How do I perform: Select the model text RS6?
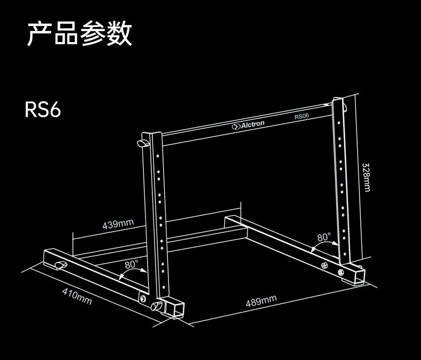pyautogui.click(x=43, y=110)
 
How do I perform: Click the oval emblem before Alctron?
pyautogui.click(x=237, y=127)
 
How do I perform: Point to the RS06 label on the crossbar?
pyautogui.click(x=302, y=116)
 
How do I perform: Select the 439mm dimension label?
pyautogui.click(x=118, y=223)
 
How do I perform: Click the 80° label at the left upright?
pyautogui.click(x=132, y=264)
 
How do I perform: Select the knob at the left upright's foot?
pyautogui.click(x=157, y=307)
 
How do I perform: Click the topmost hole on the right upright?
pyautogui.click(x=339, y=120)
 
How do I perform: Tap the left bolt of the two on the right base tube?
pyautogui.click(x=325, y=266)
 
